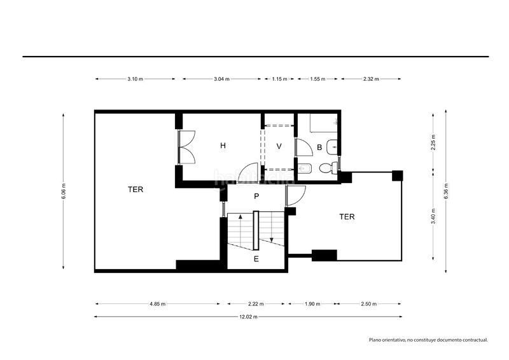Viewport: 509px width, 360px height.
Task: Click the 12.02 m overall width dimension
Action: [248, 317]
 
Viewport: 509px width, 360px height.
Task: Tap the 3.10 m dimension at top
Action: [135, 79]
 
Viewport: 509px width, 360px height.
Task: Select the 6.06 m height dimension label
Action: [63, 191]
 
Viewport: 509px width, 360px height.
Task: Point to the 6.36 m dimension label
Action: [446, 191]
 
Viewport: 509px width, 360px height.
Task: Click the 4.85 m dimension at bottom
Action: [158, 304]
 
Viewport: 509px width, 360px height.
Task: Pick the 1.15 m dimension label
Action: [279, 79]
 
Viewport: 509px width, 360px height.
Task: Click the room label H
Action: [223, 146]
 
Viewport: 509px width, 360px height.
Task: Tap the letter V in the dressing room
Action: [279, 146]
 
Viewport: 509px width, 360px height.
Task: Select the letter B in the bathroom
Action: [319, 148]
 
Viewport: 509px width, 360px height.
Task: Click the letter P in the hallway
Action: [256, 197]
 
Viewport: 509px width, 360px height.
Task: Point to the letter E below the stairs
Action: [256, 259]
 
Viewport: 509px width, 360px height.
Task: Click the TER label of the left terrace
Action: [136, 190]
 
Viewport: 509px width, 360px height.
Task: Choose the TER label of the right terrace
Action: [347, 217]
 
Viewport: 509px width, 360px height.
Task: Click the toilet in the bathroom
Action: [328, 168]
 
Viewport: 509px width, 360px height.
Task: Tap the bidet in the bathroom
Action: [305, 169]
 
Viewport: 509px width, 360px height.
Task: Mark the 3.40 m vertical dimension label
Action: [433, 216]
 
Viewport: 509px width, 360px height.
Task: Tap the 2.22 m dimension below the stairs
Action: [256, 304]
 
